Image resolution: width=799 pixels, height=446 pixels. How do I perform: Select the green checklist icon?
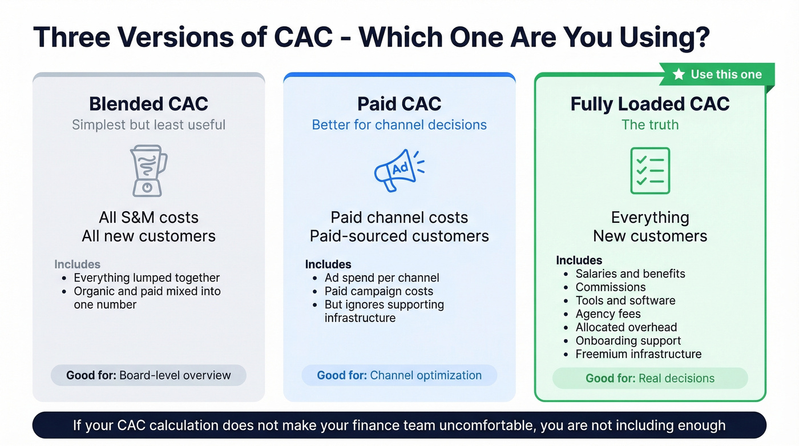[650, 171]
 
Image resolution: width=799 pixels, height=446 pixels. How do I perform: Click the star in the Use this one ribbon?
[679, 75]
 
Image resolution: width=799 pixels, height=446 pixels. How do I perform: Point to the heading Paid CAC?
[399, 104]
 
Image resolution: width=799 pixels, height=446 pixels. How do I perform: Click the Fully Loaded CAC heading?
[650, 104]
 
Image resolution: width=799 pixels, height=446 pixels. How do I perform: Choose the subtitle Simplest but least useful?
[148, 124]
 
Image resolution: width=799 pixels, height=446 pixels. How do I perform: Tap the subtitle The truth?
[650, 124]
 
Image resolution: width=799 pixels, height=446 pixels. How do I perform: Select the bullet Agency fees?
[608, 314]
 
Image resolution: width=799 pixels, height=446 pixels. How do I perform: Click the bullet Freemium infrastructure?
[638, 354]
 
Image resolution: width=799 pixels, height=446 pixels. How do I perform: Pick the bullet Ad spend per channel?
[382, 278]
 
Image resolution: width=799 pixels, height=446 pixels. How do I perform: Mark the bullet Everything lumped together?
[147, 278]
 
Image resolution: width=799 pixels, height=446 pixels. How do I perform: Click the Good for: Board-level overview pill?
[148, 375]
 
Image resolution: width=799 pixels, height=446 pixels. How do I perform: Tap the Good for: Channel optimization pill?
[399, 375]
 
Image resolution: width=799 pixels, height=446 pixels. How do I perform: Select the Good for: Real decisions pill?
[650, 378]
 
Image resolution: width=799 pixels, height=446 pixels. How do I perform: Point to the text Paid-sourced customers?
[399, 236]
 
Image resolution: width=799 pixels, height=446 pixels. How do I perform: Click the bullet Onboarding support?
[628, 341]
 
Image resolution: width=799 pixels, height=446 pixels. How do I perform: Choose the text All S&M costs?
[148, 218]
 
